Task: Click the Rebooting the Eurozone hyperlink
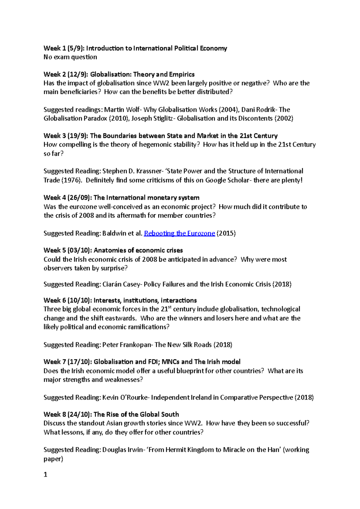pos(179,233)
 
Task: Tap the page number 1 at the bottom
pos(46,475)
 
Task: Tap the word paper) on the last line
pos(53,459)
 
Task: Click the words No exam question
pos(70,57)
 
